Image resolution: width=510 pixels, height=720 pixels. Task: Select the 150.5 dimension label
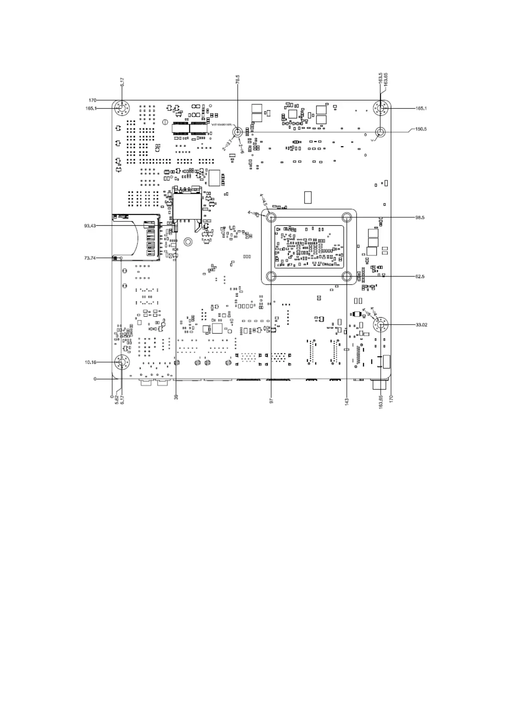(421, 129)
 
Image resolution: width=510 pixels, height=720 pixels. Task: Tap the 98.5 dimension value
(420, 218)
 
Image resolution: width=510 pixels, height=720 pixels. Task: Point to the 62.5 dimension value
(420, 277)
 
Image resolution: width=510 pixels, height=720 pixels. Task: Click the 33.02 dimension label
(421, 325)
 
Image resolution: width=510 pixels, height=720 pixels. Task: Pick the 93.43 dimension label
(90, 225)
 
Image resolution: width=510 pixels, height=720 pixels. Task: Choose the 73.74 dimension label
(90, 258)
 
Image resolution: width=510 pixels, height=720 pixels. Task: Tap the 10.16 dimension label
(91, 363)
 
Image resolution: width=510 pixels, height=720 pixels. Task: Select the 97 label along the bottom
(271, 401)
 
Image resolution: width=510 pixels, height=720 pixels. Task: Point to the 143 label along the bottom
(347, 402)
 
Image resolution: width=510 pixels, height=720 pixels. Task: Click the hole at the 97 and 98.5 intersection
(271, 218)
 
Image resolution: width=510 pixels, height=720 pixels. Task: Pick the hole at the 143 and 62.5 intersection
(347, 276)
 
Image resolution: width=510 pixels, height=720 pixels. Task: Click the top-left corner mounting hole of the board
(122, 108)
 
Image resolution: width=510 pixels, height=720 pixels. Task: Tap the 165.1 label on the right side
(421, 109)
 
